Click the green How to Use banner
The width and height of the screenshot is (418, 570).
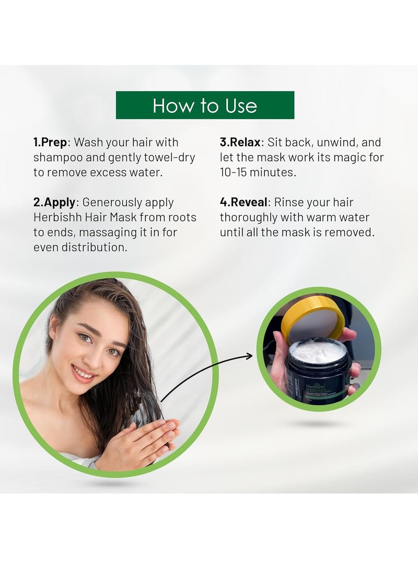tap(205, 106)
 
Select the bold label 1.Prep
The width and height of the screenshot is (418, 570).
tap(51, 142)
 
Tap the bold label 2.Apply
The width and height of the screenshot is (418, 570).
tap(55, 202)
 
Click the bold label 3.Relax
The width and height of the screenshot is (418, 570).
tap(241, 142)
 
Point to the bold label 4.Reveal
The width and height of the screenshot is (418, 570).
tap(244, 202)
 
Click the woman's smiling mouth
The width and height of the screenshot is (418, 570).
tap(84, 374)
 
